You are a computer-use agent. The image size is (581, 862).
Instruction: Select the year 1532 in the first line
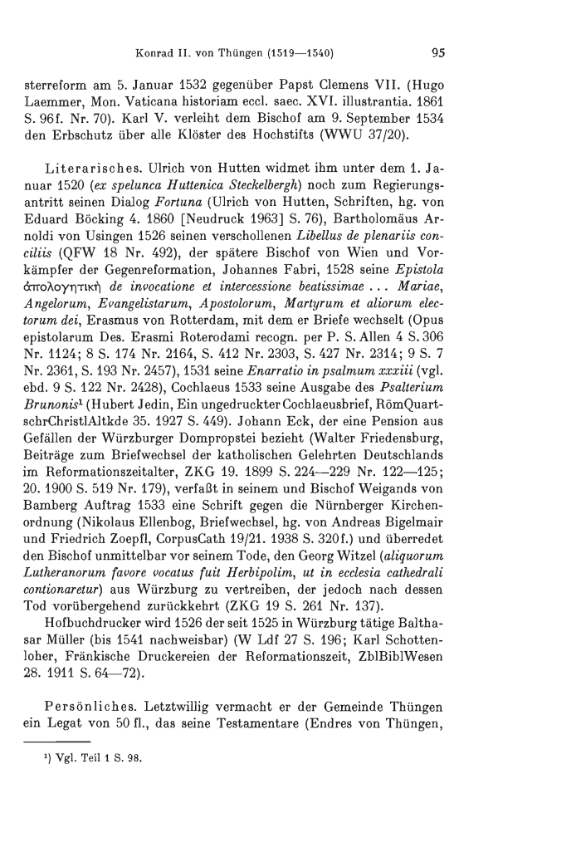(x=196, y=84)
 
